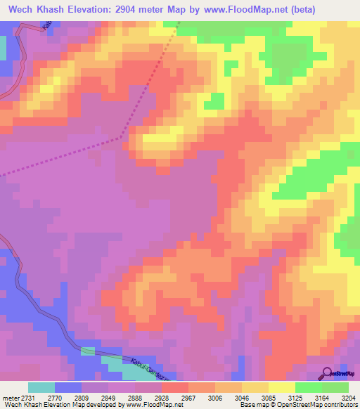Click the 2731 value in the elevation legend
coord(23,397)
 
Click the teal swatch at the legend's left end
coord(41,387)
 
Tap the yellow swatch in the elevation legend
coord(281,387)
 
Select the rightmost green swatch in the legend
coord(335,387)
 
